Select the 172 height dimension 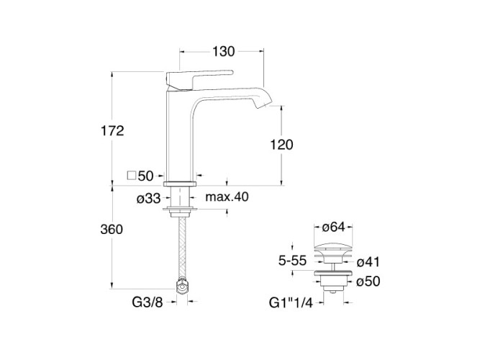click(x=113, y=130)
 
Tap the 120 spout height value click(x=281, y=145)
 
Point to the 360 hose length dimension click(x=113, y=230)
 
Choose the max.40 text click(x=227, y=197)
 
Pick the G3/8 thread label click(x=149, y=303)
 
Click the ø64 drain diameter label click(x=335, y=228)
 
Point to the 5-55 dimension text click(x=294, y=261)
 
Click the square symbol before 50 click(x=130, y=175)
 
